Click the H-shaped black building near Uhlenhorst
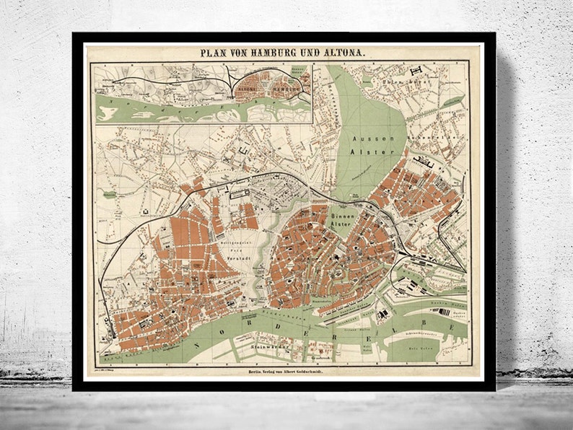417,71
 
